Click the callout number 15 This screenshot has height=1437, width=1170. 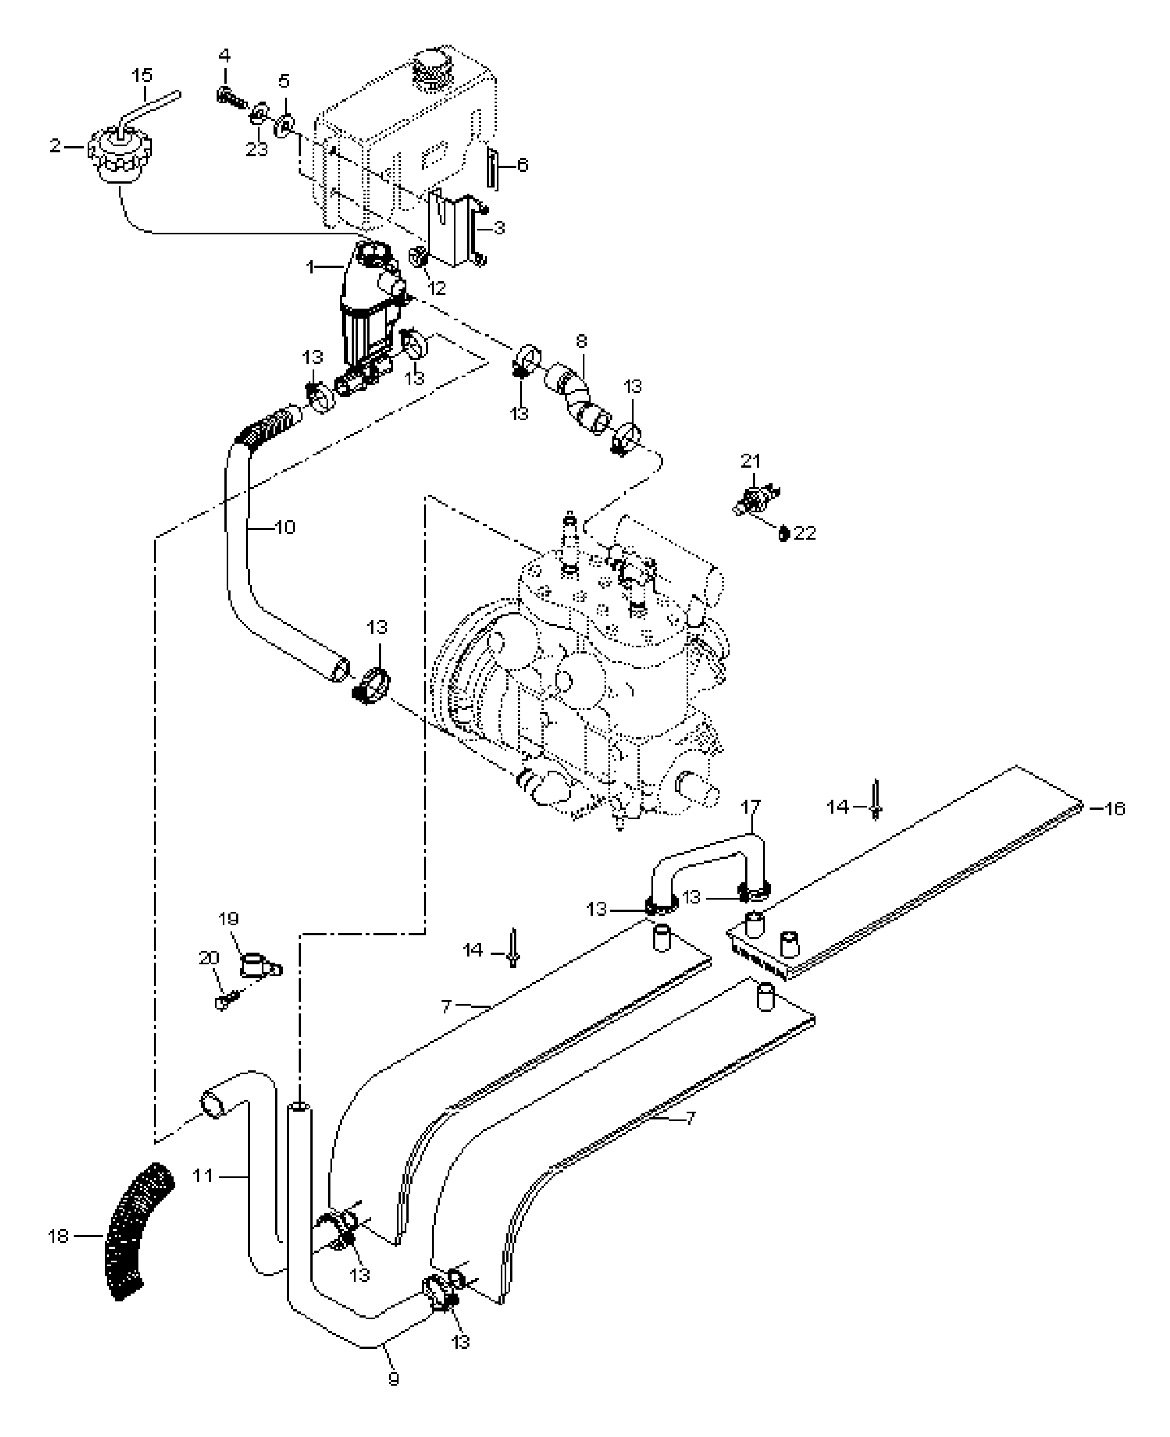coord(142,75)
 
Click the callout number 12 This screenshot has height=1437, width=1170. coord(437,289)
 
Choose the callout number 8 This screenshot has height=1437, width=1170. coord(581,342)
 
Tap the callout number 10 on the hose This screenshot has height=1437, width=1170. coord(285,527)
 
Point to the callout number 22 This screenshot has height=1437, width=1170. coord(805,533)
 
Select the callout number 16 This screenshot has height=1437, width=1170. coord(1115,808)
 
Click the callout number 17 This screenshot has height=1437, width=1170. coord(751,806)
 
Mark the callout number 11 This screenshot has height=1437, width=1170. coord(203,1176)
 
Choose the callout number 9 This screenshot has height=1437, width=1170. coord(394,1379)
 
